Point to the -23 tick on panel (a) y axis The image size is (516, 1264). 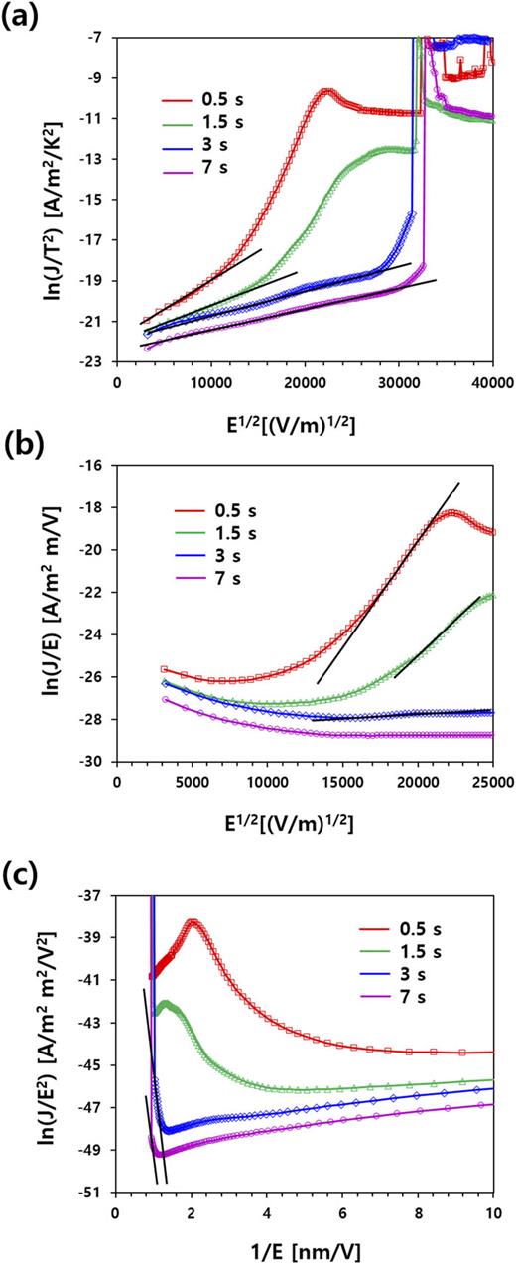[x=99, y=362]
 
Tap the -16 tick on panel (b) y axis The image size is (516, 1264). [x=99, y=465]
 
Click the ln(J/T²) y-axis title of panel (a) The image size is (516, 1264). [x=47, y=200]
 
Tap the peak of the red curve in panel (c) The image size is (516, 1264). [x=192, y=922]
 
